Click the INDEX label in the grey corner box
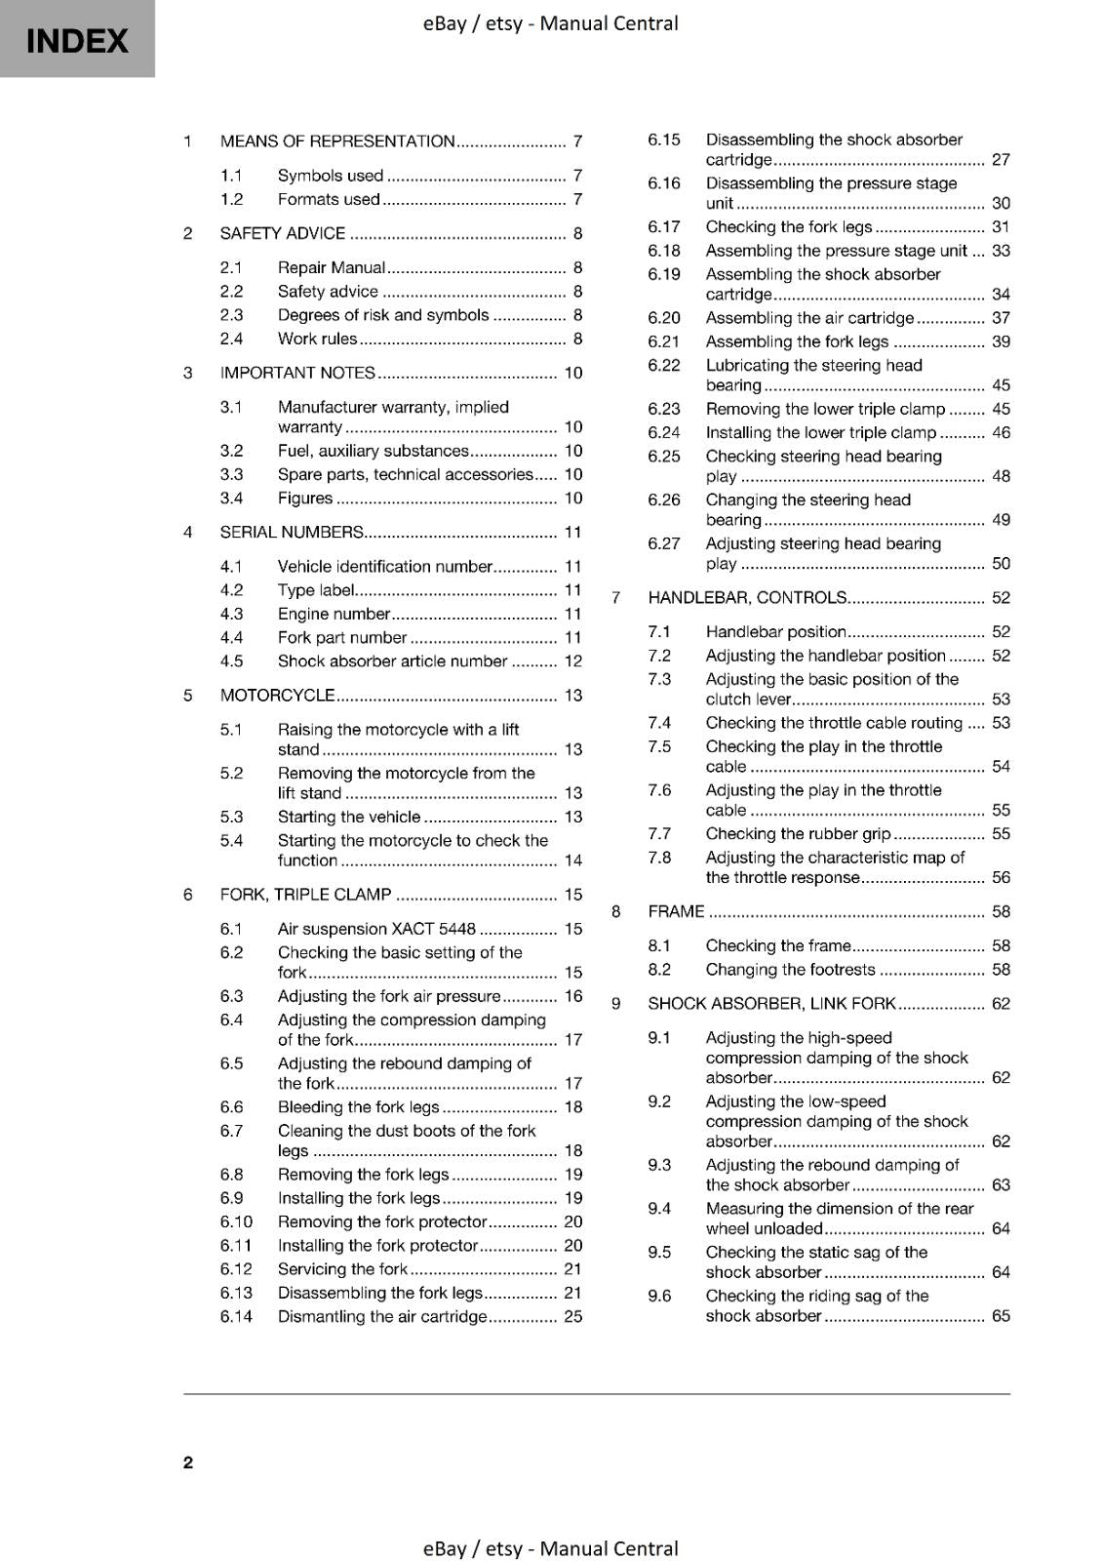(77, 41)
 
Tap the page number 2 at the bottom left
(188, 1461)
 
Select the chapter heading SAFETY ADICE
(283, 233)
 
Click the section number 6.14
(236, 1316)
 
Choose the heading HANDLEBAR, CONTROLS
(747, 597)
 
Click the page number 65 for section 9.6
(1001, 1315)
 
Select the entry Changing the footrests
(790, 969)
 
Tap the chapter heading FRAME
(676, 911)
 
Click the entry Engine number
(334, 614)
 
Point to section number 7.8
(659, 858)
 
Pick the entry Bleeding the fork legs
(358, 1106)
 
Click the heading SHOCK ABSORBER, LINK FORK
(771, 1003)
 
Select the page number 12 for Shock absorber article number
(572, 660)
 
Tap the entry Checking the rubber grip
(798, 833)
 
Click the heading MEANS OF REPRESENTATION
(337, 140)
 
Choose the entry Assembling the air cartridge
(809, 317)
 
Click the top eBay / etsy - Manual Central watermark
(550, 23)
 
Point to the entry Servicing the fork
(342, 1268)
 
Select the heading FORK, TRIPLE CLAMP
(305, 894)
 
